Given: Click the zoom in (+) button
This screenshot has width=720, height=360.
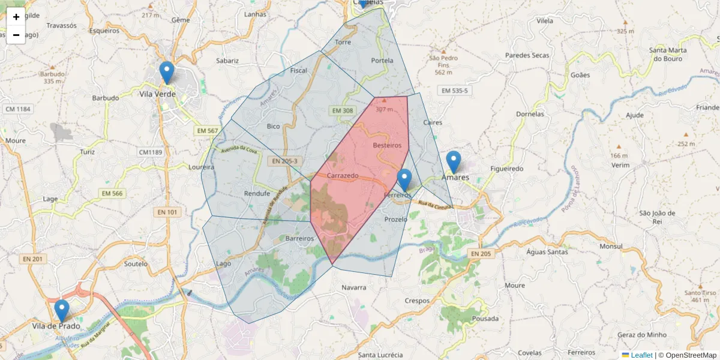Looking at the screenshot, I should [x=16, y=17].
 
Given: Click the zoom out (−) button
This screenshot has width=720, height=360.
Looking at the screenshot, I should [x=16, y=35].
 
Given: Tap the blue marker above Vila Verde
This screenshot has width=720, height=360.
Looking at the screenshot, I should [x=167, y=73].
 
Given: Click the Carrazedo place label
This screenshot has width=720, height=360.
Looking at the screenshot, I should [x=343, y=176].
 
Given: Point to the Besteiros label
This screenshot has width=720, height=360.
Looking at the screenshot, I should [x=387, y=145].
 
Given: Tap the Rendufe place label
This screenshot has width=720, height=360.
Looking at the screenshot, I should [x=258, y=193].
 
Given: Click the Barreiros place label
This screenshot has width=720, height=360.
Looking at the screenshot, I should [x=300, y=238].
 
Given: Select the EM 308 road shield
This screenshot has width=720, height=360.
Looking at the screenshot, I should [x=343, y=110].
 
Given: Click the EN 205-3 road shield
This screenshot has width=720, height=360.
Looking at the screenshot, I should [x=284, y=161].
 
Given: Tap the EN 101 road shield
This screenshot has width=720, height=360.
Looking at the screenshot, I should [x=167, y=212].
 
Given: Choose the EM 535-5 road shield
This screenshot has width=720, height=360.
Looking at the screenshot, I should [x=454, y=91].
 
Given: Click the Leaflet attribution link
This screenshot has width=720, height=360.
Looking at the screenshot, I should [x=641, y=355].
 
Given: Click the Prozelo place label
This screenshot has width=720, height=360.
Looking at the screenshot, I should [x=396, y=219].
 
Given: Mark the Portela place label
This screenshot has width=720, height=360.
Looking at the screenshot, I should [x=382, y=61].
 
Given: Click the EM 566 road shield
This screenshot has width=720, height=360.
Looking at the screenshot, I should [x=112, y=193].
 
